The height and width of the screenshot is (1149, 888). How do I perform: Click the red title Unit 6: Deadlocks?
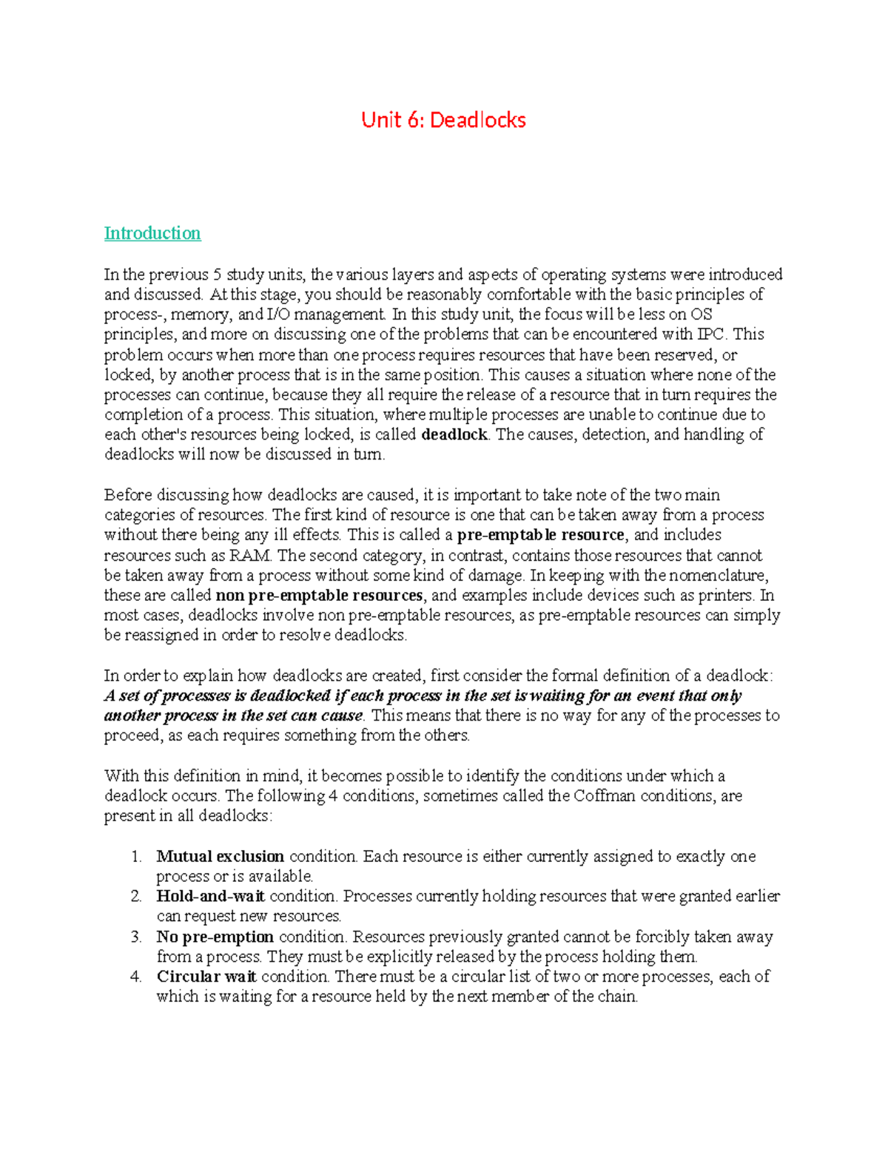tap(443, 120)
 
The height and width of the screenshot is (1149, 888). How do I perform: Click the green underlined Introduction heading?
tap(152, 233)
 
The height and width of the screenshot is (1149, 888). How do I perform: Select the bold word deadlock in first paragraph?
tap(454, 434)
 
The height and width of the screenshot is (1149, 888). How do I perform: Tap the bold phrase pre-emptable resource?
tap(541, 535)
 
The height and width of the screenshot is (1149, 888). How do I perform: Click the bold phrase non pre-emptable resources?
tap(319, 596)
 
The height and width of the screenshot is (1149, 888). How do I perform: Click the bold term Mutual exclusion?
tap(220, 857)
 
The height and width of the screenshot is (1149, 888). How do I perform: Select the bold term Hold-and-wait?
tap(210, 897)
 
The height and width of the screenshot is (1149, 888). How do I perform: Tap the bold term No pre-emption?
tap(215, 937)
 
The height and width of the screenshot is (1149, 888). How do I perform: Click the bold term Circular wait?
tap(206, 977)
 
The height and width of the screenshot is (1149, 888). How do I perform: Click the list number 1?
tap(135, 857)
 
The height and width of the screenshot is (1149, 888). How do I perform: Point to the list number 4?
tap(135, 977)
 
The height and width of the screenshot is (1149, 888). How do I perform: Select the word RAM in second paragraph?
tap(250, 556)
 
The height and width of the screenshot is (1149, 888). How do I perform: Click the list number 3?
tap(135, 937)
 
